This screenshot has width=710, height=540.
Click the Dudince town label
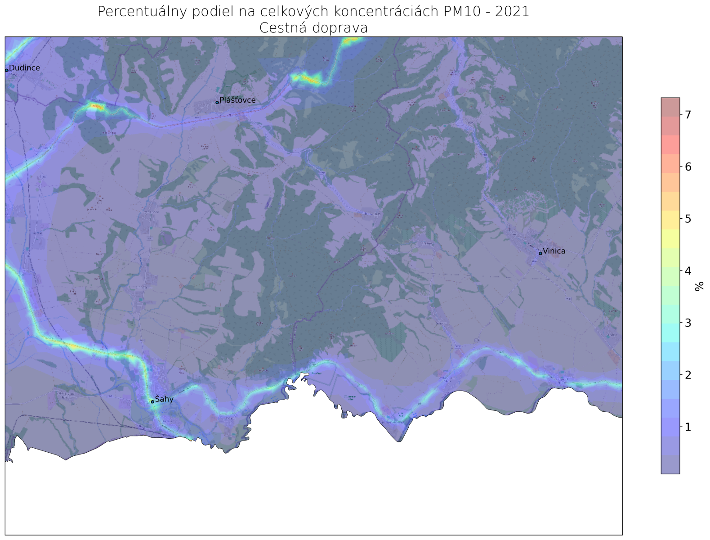24,68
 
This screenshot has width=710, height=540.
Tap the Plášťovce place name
237,100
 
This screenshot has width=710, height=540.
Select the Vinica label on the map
554,252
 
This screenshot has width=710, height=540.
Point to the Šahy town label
164,400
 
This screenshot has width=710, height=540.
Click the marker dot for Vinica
540,253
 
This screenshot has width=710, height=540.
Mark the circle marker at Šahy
152,401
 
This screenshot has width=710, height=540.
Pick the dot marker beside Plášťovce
217,102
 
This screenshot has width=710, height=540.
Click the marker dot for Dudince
6,70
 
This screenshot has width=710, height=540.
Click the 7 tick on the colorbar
688,115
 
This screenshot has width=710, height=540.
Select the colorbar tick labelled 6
688,167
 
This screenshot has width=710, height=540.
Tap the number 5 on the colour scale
688,219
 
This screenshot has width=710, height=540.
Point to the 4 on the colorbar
688,271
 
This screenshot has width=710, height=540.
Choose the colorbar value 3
688,323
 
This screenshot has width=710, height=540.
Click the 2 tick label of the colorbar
688,375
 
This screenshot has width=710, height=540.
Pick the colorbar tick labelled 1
688,427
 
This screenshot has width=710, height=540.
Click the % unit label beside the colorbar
699,286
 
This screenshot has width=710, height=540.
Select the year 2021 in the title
512,12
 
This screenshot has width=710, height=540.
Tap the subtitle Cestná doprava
313,28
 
